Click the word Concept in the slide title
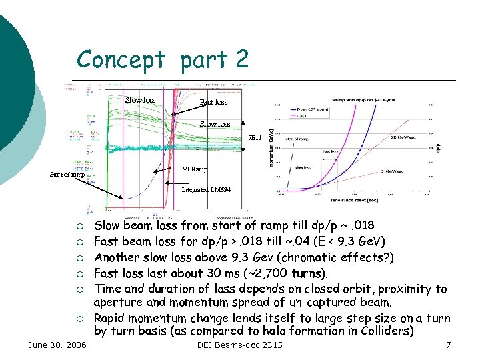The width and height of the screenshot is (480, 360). click(x=120, y=60)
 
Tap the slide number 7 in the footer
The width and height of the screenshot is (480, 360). click(x=448, y=345)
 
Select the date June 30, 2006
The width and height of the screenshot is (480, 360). click(x=57, y=345)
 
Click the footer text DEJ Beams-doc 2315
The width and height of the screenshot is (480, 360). click(x=240, y=345)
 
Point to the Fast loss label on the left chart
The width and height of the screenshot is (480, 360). click(x=213, y=102)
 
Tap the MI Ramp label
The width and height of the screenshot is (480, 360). click(x=195, y=169)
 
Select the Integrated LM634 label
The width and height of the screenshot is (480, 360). click(x=206, y=190)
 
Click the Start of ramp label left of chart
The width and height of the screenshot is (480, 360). click(x=67, y=175)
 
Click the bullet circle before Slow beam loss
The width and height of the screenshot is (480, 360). click(x=79, y=226)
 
